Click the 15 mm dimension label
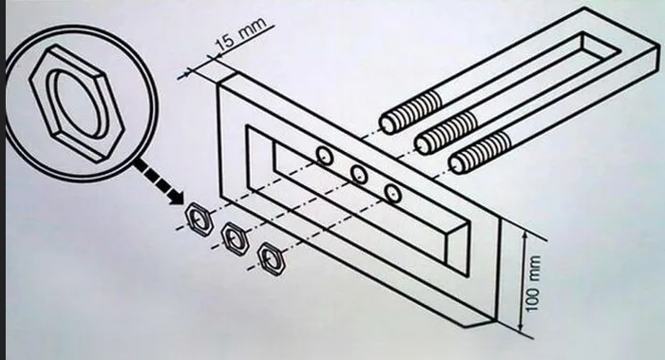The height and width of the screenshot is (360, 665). tap(240, 34)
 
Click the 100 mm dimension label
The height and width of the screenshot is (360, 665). tap(533, 283)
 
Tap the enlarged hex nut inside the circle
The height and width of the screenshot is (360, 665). tap(77, 104)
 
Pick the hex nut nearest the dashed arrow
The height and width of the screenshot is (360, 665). tap(199, 218)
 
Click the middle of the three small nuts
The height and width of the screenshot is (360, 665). tap(236, 238)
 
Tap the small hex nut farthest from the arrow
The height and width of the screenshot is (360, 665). tap(271, 258)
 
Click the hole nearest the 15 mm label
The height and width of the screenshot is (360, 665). tap(325, 156)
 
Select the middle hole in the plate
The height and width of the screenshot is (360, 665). tap(359, 174)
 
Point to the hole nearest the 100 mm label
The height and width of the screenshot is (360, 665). tap(393, 193)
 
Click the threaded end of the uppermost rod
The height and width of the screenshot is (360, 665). tap(410, 112)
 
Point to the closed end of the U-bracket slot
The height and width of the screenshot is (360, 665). tap(601, 47)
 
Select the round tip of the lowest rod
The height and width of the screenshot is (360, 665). tap(457, 165)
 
